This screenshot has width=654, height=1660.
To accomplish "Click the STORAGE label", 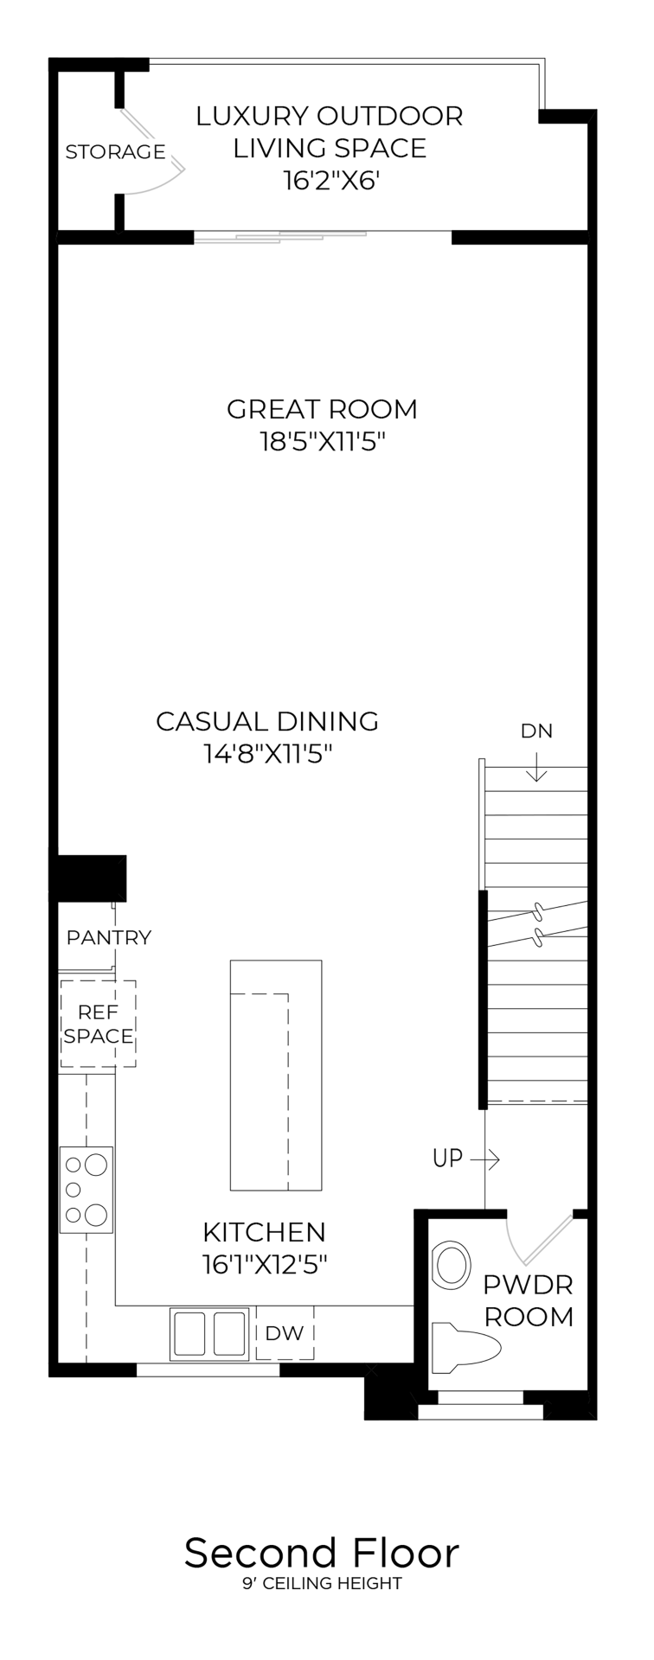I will coord(115,152).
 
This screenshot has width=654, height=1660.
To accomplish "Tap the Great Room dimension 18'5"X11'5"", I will coord(322,443).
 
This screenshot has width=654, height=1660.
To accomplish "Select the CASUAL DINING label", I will coord(267,721).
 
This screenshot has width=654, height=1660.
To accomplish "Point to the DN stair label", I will coord(536,731).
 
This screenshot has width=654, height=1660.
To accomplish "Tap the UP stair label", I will coord(447,1158).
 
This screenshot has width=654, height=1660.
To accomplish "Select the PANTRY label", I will coord(109,937).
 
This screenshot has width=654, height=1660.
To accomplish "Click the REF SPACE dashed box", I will coord(99,1024).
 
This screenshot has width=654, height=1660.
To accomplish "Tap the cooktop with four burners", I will coord(87,1190).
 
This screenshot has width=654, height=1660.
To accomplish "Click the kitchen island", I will coord(276,1075).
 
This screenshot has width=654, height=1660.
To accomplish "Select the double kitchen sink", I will coord(210,1332).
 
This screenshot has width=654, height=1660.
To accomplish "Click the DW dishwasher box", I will coord(285,1333).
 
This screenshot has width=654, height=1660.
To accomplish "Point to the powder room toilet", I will coord(467,1347).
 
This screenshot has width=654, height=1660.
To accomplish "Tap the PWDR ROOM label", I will coord(528,1300).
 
